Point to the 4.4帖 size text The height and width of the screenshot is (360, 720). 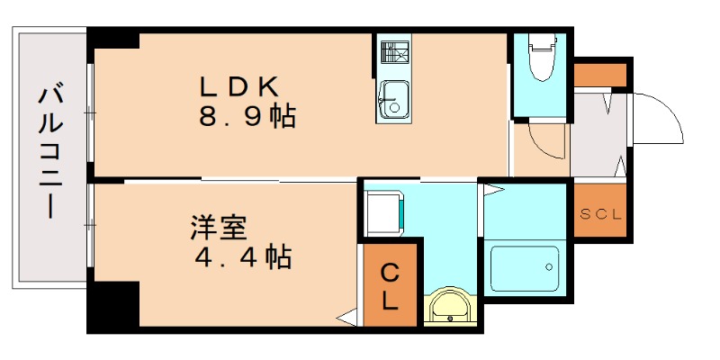[242, 257]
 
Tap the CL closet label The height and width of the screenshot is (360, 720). [391, 286]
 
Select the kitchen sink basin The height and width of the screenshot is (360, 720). [392, 98]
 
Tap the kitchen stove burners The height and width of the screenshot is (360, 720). [393, 52]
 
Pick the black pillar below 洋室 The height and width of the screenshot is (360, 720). [113, 306]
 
